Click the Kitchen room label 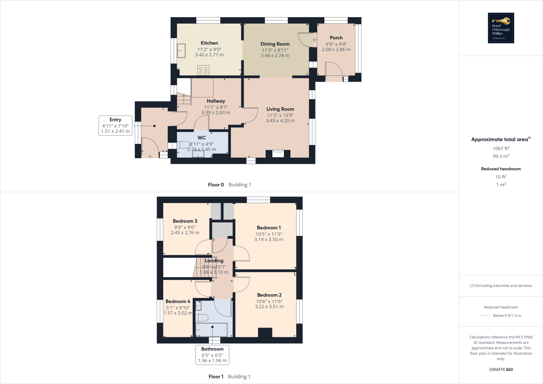[209, 43]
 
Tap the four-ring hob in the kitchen [203, 71]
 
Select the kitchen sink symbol [181, 50]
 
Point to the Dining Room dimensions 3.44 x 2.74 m [275, 55]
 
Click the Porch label [336, 38]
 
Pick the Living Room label [280, 109]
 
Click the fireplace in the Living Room [278, 154]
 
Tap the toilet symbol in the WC [183, 145]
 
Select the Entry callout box [115, 125]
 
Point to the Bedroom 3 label [185, 221]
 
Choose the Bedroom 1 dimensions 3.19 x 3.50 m [269, 239]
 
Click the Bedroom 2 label [269, 295]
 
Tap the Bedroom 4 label [178, 301]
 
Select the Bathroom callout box [212, 355]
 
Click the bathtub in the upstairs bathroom [211, 330]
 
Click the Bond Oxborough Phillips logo [501, 28]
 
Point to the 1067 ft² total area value [501, 149]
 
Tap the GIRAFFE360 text [501, 369]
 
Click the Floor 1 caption [216, 376]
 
